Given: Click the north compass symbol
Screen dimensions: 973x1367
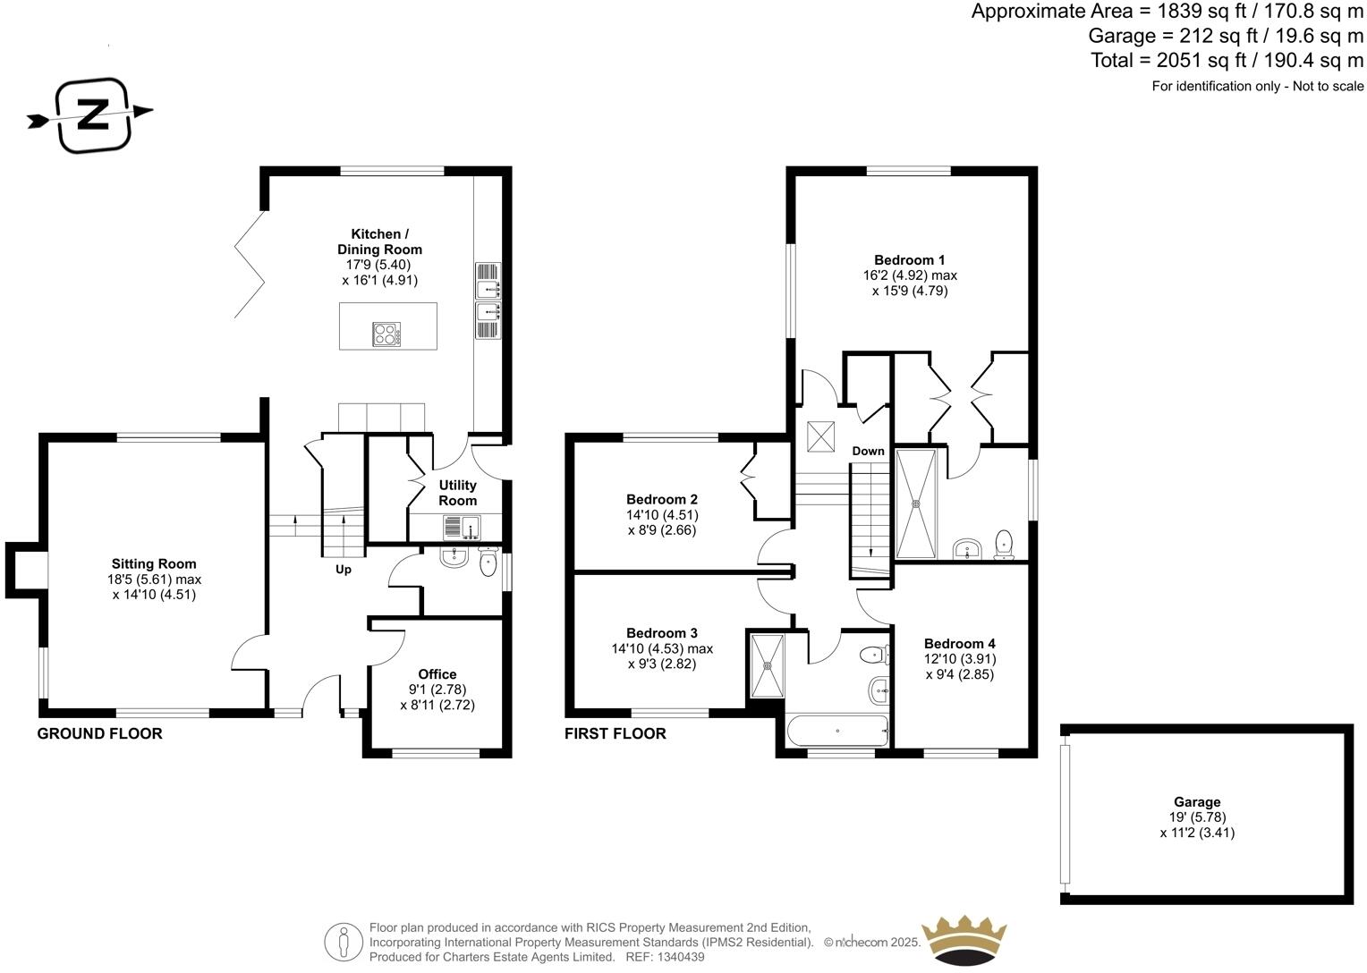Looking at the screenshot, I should [x=93, y=114].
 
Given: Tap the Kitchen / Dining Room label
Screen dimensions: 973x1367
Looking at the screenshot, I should [x=379, y=241].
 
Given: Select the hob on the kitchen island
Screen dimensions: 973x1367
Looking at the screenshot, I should [x=386, y=334].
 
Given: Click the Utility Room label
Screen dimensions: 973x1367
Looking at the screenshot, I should [x=457, y=493].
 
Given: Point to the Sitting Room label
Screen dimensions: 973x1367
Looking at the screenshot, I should [x=154, y=563].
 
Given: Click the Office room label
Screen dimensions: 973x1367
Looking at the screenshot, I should [x=437, y=674].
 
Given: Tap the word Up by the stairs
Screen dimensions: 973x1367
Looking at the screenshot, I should [x=344, y=570].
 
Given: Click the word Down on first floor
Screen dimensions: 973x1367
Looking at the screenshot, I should [x=868, y=451].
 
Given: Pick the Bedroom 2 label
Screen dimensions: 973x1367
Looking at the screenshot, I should [x=662, y=499].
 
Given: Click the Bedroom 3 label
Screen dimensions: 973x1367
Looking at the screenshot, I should [x=662, y=632].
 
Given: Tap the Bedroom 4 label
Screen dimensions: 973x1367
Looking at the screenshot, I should [x=960, y=643].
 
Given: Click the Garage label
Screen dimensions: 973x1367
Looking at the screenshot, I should [x=1197, y=802].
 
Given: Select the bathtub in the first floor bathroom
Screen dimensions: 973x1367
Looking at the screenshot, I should [x=837, y=731].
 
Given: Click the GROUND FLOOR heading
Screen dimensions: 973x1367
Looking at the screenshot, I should [x=99, y=733].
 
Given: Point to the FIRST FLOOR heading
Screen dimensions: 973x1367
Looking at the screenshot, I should [x=615, y=733].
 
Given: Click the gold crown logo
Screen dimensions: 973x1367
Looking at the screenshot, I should [x=964, y=938].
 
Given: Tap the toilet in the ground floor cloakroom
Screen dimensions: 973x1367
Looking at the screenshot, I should [x=488, y=563].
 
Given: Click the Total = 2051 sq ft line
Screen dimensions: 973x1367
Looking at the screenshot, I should [x=1227, y=60].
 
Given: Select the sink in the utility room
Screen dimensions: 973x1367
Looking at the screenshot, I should [x=462, y=528].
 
